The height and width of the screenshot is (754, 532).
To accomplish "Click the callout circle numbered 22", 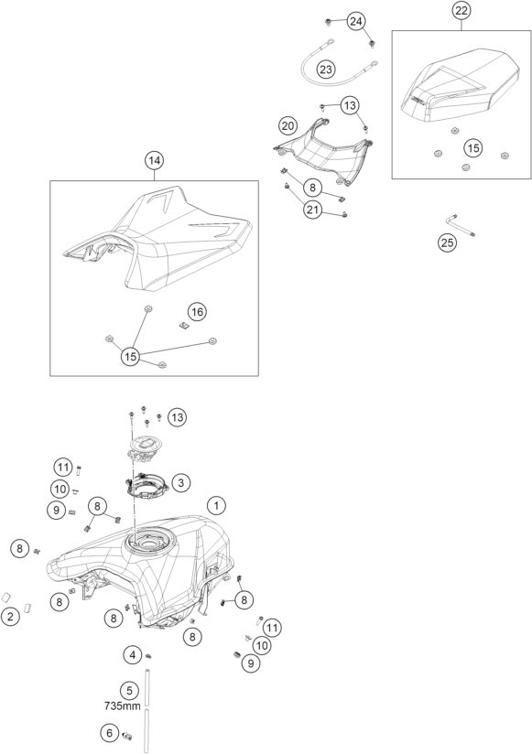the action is click(x=461, y=11).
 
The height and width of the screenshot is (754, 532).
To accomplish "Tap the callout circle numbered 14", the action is click(x=154, y=161).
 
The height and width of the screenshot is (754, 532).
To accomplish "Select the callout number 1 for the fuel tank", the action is click(x=216, y=505).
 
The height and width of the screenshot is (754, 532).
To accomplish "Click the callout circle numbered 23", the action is click(x=326, y=70).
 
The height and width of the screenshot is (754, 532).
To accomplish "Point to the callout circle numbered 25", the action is click(x=448, y=242).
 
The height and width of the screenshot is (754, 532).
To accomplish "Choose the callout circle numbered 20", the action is click(x=288, y=126).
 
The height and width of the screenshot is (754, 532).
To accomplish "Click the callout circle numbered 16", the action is click(x=197, y=312).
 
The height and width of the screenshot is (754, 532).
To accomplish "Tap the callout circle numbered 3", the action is click(x=180, y=482).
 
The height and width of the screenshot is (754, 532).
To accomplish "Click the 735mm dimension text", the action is click(x=123, y=706).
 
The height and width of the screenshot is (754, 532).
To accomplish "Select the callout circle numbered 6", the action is click(x=110, y=733).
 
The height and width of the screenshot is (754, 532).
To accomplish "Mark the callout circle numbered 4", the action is click(x=133, y=654).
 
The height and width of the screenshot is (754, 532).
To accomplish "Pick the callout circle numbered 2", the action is click(x=11, y=617).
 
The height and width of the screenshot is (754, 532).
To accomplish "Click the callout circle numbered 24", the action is click(x=356, y=21).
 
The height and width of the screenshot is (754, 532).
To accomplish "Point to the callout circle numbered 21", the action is click(x=312, y=210).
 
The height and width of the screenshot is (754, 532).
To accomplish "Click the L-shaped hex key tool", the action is click(x=461, y=226).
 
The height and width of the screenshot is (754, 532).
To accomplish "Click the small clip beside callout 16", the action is click(x=182, y=326).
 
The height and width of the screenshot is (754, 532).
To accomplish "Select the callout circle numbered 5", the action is click(x=129, y=692).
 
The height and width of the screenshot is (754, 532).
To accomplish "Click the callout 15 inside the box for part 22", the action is click(x=473, y=147).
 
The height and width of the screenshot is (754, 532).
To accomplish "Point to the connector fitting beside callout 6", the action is click(x=128, y=734).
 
